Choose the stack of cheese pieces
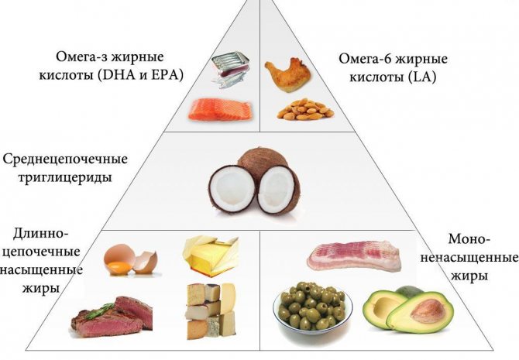point(211,310)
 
